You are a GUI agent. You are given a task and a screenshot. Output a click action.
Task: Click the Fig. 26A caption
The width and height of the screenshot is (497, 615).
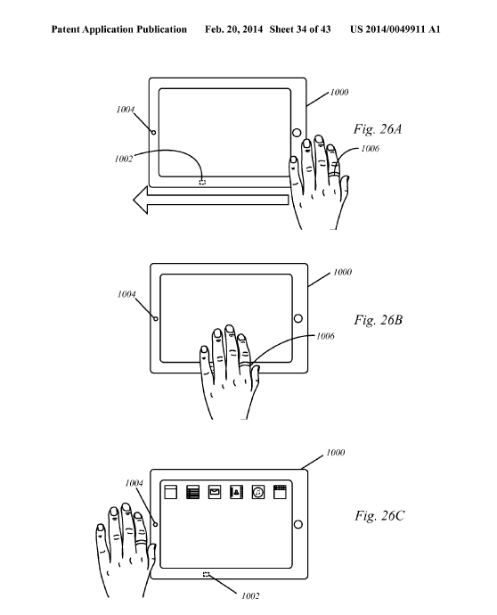point(378,129)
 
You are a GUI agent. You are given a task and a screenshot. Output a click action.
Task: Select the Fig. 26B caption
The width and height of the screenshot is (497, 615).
point(379,320)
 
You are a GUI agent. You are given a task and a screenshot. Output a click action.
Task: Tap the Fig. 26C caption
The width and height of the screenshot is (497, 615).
point(379,515)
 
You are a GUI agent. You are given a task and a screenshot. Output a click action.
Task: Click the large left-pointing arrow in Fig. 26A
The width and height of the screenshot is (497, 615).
point(211,200)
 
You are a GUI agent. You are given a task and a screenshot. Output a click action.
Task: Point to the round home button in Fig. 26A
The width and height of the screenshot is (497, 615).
point(297,133)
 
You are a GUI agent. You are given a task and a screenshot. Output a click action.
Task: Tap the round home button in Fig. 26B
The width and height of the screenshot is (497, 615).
point(298,318)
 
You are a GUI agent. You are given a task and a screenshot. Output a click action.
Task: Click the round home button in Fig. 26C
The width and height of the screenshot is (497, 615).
point(298,524)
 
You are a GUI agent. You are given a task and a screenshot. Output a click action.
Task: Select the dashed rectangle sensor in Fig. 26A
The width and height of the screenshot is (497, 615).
point(202,182)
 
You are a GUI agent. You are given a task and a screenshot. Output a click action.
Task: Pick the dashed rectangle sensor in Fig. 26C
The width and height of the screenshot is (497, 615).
point(206,575)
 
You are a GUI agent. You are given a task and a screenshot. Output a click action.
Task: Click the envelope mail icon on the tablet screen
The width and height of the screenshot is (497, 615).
point(215,492)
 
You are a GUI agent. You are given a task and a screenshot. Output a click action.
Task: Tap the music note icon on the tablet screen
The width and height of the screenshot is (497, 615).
point(258,492)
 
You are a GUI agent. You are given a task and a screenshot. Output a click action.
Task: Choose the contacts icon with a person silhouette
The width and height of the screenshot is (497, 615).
point(236,492)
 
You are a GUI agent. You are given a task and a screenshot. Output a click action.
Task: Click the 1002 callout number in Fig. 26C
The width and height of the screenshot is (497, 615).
point(250,596)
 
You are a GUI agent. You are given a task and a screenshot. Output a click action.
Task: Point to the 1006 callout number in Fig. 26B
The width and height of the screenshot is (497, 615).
point(325,336)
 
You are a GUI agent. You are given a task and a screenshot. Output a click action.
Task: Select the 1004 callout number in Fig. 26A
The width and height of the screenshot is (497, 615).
point(126,110)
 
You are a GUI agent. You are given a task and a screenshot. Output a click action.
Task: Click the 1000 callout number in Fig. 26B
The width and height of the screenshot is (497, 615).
point(342,272)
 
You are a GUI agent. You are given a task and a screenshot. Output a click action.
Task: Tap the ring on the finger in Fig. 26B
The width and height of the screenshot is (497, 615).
point(245,364)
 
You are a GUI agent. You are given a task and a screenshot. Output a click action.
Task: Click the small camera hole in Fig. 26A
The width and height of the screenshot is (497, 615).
point(154,133)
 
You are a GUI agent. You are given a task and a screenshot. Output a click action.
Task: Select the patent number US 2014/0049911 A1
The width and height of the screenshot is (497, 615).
point(395,29)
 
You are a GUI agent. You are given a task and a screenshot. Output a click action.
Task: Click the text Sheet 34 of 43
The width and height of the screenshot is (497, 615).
point(300,29)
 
